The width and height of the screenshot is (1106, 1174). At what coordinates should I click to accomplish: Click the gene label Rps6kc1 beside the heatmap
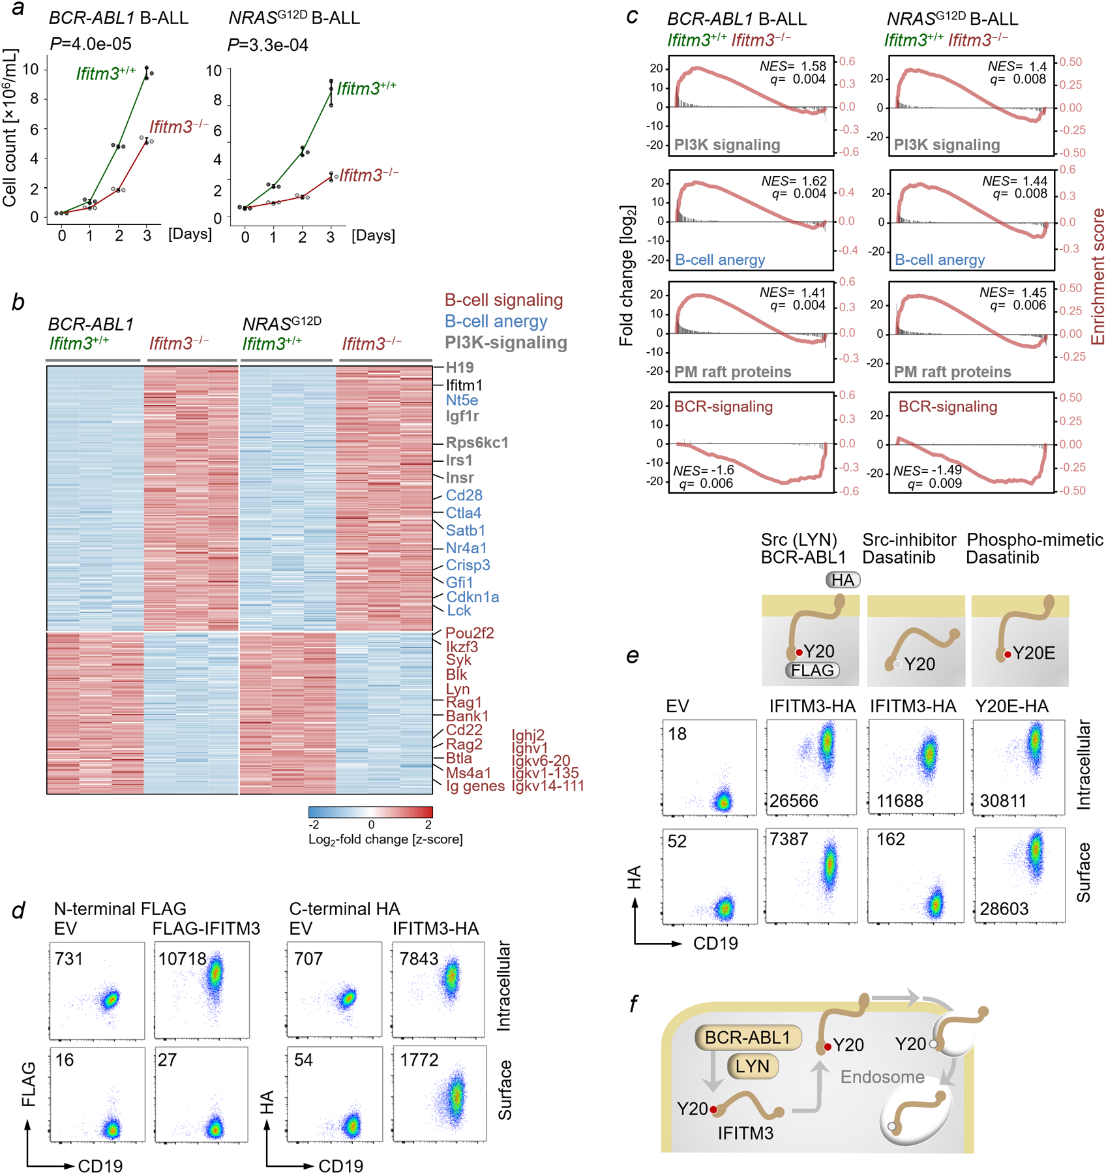click(x=477, y=443)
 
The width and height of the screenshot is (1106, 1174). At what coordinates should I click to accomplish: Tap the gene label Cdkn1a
click(x=472, y=597)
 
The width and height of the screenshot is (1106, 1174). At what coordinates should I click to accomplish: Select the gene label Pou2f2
click(x=470, y=633)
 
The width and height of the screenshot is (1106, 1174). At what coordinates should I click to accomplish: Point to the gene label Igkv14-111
click(x=548, y=786)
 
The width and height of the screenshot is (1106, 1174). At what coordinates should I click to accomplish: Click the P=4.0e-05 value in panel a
click(x=91, y=44)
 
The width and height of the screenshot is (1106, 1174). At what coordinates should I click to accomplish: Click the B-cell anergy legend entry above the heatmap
click(x=496, y=322)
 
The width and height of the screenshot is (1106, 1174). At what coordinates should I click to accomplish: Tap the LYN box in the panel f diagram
click(x=752, y=1066)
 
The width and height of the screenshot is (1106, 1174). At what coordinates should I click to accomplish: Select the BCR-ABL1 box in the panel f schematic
click(x=747, y=1038)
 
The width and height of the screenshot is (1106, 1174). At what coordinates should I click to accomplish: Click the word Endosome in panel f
click(x=882, y=1077)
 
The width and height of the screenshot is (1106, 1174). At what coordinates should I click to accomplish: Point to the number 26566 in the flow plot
click(x=794, y=801)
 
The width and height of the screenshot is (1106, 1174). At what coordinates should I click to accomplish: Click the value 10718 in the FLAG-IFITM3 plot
click(x=182, y=959)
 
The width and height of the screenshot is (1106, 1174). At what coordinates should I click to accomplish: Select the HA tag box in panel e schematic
click(x=843, y=580)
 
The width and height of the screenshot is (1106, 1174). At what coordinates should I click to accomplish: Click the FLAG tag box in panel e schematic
click(x=812, y=670)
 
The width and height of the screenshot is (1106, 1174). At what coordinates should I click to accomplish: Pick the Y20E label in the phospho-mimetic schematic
click(x=1034, y=653)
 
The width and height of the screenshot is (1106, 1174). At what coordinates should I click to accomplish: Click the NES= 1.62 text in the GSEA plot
click(x=794, y=181)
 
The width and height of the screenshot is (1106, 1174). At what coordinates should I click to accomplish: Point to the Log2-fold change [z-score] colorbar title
click(x=385, y=839)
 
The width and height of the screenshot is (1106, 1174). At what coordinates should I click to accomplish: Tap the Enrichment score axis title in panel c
click(x=1098, y=277)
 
